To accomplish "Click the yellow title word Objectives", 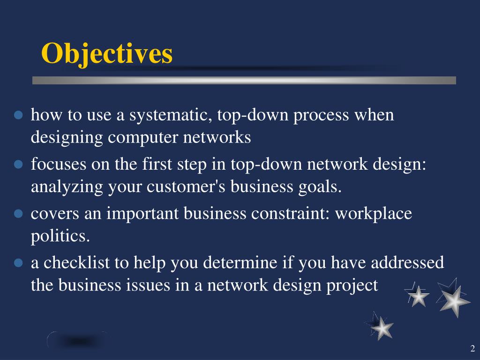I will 107,53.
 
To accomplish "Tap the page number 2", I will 472,348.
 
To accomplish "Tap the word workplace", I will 374,214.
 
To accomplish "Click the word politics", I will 60,236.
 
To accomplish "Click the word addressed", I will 407,263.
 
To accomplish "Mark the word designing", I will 67,138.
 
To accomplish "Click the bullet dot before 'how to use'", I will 19,115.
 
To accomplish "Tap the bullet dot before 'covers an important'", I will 19,214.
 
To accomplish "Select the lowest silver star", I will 382,327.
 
